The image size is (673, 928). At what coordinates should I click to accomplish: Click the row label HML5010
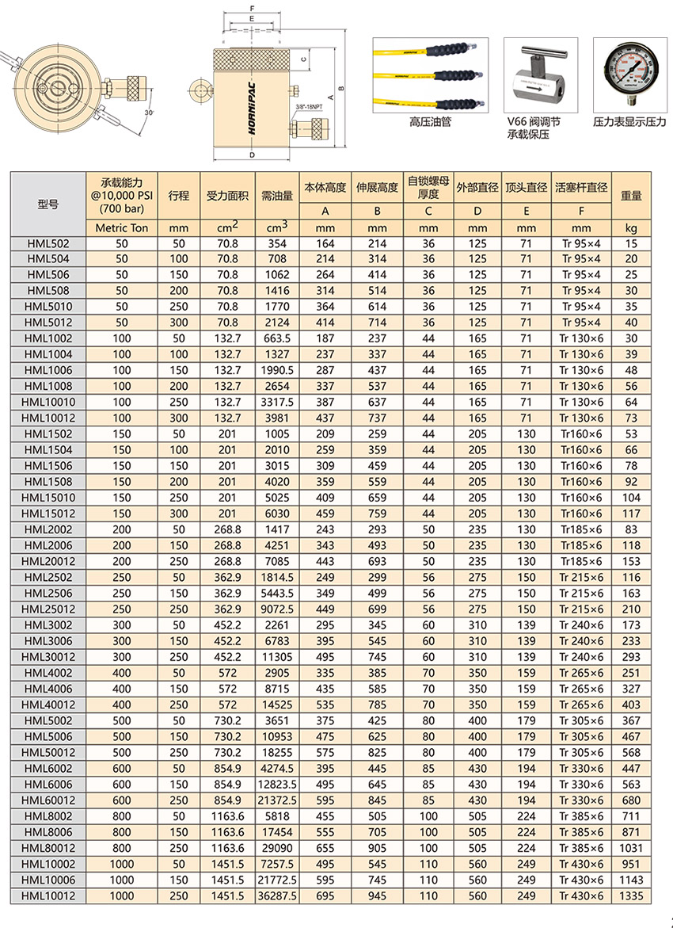pyautogui.click(x=48, y=306)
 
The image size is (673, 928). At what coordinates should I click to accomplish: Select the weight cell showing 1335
pyautogui.click(x=631, y=896)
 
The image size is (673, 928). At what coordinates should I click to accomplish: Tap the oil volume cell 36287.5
pyautogui.click(x=278, y=896)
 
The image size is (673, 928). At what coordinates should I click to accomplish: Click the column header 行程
pyautogui.click(x=178, y=196)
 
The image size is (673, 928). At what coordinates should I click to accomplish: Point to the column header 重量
pyautogui.click(x=631, y=196)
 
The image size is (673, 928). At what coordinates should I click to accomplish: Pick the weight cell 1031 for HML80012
pyautogui.click(x=631, y=848)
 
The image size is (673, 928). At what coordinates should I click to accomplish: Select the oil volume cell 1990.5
pyautogui.click(x=278, y=370)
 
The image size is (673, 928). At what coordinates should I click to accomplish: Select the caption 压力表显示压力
pyautogui.click(x=630, y=124)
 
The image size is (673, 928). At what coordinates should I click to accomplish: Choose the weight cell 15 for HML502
pyautogui.click(x=631, y=242)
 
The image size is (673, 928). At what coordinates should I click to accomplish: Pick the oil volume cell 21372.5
pyautogui.click(x=278, y=800)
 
